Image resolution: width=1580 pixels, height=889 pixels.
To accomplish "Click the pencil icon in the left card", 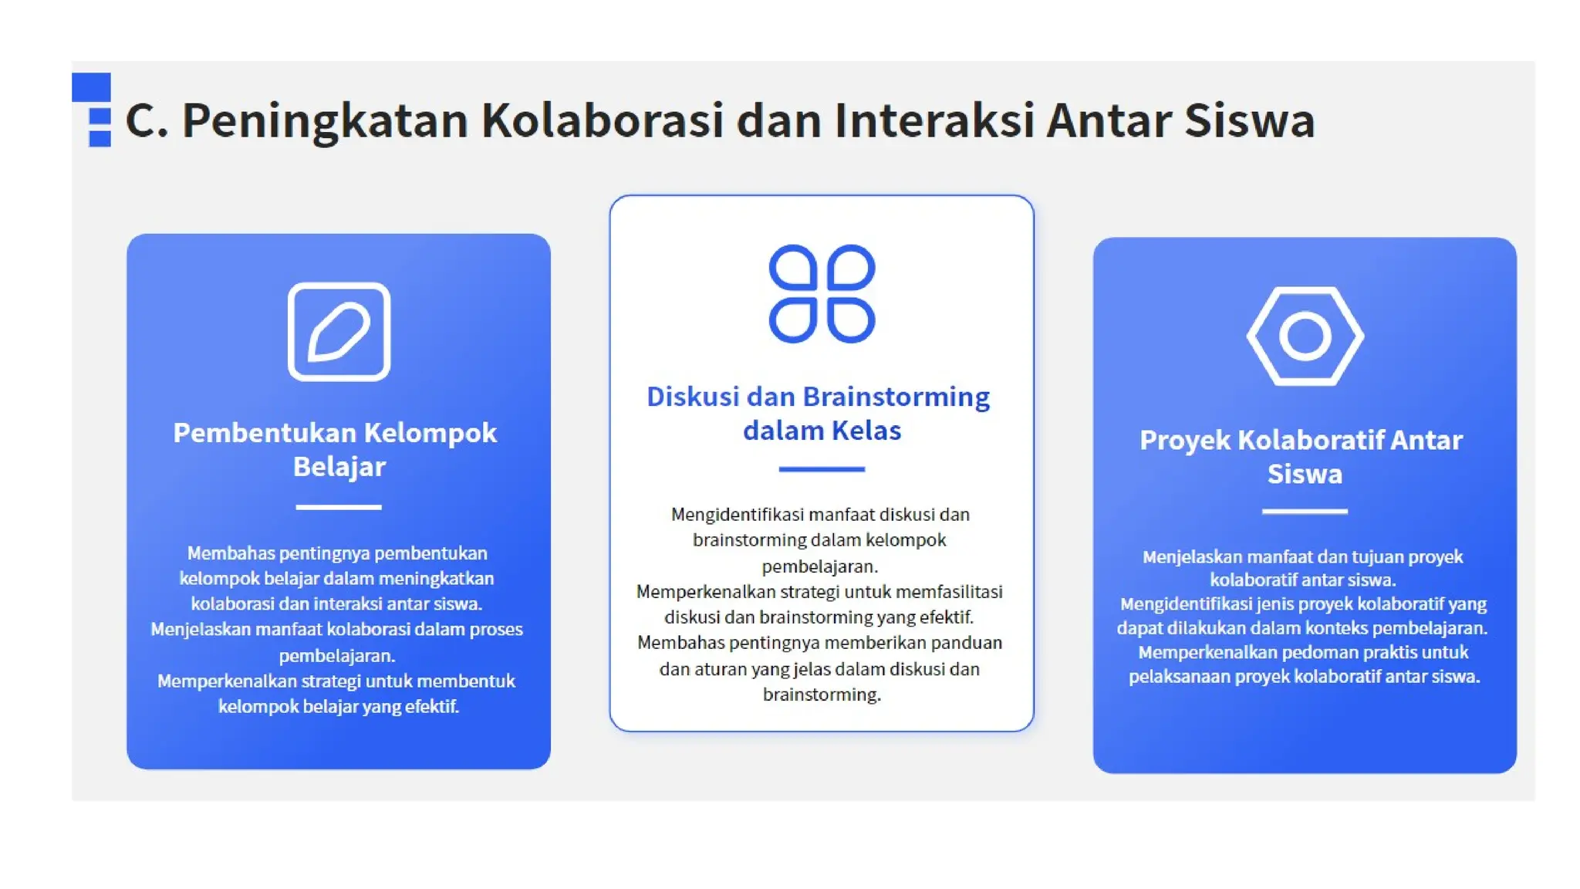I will tap(339, 332).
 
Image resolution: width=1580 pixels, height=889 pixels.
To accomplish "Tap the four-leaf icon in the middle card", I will tap(822, 293).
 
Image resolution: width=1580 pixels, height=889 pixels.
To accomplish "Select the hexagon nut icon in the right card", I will tap(1305, 336).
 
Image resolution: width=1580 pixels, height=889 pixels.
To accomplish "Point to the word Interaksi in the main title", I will tap(933, 121).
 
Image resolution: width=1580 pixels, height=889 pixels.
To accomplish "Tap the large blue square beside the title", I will tap(91, 87).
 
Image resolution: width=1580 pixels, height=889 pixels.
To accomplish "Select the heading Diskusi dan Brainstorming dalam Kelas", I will tap(819, 413).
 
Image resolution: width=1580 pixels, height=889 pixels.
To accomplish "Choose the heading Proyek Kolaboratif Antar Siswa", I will tap(1301, 456).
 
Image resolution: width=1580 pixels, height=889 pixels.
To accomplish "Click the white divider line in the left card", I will tap(339, 507).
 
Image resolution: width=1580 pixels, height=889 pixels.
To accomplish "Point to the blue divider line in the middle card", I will tap(822, 468).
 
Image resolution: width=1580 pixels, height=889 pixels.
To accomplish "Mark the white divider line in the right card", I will tap(1305, 511).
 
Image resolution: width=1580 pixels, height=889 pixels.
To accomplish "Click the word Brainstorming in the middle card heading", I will tap(896, 397).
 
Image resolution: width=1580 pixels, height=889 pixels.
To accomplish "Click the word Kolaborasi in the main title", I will tap(603, 121).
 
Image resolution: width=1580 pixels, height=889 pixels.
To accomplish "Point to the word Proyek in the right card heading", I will tap(1184, 440).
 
